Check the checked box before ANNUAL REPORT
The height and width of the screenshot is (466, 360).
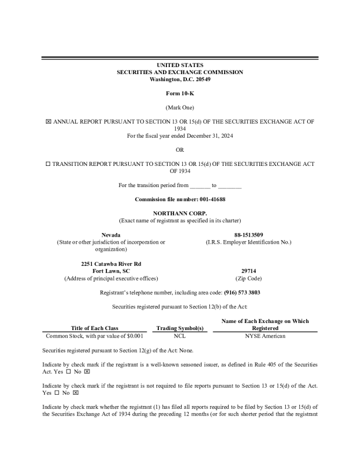pos(48,122)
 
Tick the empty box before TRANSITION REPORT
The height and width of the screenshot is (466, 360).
pos(48,164)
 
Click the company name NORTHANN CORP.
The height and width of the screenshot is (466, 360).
pos(180,213)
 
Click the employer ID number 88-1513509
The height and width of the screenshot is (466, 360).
pos(248,235)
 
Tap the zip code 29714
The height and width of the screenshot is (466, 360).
pos(248,271)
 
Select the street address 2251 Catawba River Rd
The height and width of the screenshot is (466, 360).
pos(111,263)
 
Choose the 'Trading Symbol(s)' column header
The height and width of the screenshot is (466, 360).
pos(180,328)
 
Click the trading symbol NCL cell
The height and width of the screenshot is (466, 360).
pos(180,336)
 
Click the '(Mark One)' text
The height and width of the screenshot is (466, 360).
pos(180,107)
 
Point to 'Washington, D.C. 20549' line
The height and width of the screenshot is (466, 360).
pos(180,79)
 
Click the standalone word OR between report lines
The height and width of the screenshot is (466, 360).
pos(180,150)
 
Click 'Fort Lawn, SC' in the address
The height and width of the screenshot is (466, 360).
pos(111,271)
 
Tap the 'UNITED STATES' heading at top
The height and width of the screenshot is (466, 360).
pos(180,65)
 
